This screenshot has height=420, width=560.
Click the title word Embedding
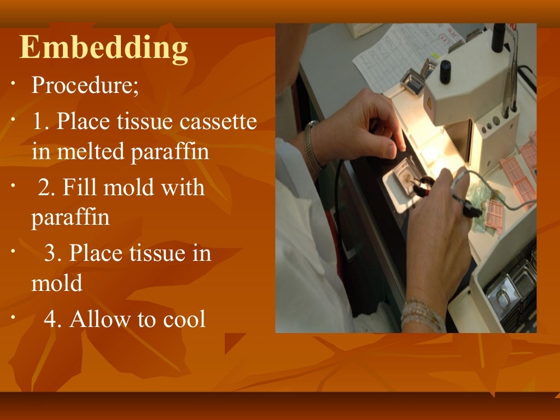pyautogui.click(x=104, y=49)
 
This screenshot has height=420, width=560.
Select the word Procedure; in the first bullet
pyautogui.click(x=85, y=85)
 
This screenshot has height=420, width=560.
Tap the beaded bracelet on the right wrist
pyautogui.click(x=422, y=313)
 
